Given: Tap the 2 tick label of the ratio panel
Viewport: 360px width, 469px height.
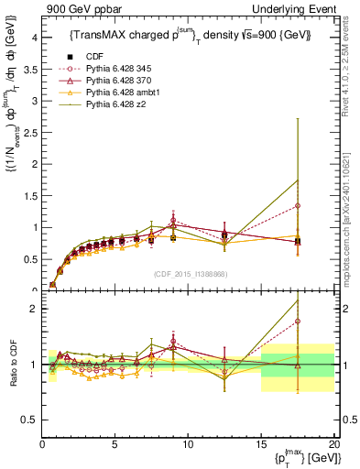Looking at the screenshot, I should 34,309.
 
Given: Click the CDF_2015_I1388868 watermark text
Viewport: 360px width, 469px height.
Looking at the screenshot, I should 188,275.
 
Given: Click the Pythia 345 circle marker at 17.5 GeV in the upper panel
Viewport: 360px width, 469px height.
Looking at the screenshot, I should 298,206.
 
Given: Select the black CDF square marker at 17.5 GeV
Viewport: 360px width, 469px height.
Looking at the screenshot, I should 298,241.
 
